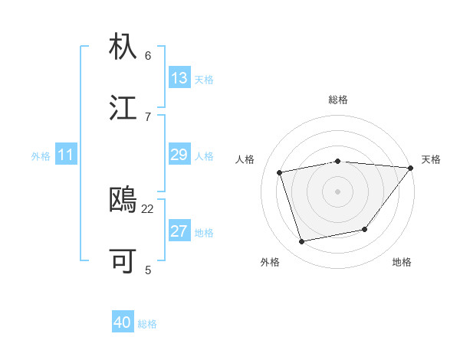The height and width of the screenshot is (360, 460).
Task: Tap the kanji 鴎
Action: tap(123, 199)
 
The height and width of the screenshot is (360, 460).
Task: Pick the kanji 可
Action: tap(123, 260)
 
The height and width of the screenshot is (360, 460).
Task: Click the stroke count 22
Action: tap(148, 208)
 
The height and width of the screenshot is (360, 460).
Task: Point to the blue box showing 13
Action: tap(179, 78)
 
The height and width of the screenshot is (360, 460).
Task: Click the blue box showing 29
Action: tap(179, 155)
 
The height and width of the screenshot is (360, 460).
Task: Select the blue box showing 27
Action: tap(179, 231)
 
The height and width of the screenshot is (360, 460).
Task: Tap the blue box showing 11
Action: tap(65, 155)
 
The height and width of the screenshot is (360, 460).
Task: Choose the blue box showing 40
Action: tap(123, 322)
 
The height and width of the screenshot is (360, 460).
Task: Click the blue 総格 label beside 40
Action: tap(147, 324)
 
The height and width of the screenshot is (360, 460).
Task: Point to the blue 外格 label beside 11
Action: tap(41, 156)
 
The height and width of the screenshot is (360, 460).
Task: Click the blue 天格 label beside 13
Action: tap(204, 80)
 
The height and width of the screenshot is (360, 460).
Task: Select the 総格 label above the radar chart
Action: tap(337, 100)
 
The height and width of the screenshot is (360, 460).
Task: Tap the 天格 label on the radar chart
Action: tap(431, 159)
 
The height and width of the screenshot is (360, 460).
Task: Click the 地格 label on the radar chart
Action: tap(402, 262)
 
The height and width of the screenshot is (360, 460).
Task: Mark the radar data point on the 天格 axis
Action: tap(411, 168)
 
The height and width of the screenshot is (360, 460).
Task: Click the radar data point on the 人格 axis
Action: tap(280, 172)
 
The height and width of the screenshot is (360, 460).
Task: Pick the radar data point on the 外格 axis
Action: tap(302, 242)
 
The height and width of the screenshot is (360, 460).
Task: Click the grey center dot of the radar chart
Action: tap(337, 191)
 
